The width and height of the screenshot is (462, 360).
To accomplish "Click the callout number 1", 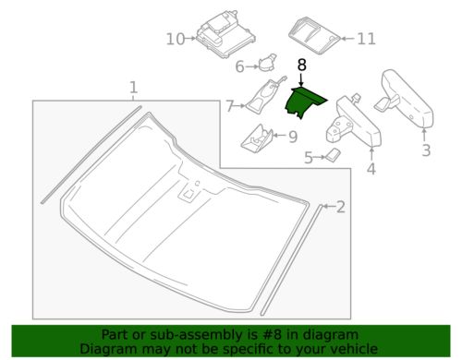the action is (134, 88).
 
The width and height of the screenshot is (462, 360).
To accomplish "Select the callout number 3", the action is (426, 150).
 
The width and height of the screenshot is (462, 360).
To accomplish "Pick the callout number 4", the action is (371, 168).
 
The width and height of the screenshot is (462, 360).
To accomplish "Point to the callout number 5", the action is (309, 158).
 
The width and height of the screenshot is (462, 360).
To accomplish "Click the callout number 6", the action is (239, 66).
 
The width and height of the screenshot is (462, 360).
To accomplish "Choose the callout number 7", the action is (230, 106).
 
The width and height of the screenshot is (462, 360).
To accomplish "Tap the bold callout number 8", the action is (301, 65).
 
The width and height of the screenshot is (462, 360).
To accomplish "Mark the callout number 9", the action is (292, 137).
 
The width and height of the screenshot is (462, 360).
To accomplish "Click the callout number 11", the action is (367, 39).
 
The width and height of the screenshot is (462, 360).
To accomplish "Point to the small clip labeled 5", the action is (328, 157).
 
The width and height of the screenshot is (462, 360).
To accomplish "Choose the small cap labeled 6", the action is (266, 63).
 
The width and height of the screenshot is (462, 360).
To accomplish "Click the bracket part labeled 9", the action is (257, 138).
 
